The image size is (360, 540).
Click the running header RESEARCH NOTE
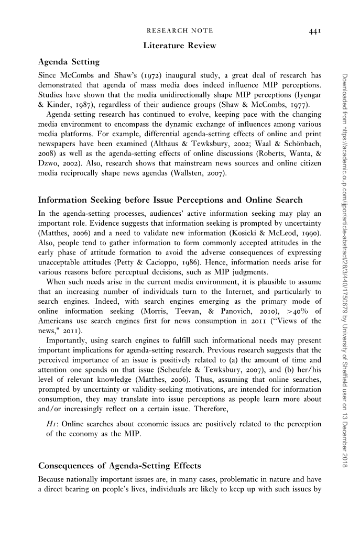(x=179, y=31)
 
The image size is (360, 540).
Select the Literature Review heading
(x=179, y=46)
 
